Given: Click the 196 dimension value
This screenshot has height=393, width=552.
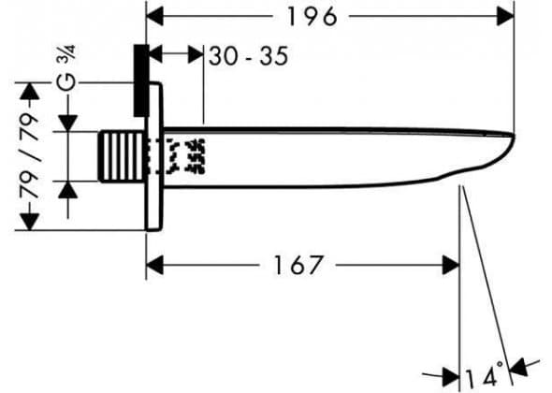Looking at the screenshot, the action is tap(312, 17).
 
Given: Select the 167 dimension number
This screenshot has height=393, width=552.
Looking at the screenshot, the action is tap(298, 265).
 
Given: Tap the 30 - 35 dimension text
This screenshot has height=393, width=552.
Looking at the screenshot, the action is tap(249, 55).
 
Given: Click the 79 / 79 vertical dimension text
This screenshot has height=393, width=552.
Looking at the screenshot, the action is tap(29, 155).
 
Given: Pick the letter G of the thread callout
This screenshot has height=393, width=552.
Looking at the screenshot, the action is tap(65, 81).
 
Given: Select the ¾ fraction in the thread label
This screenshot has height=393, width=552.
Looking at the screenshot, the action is tap(67, 53).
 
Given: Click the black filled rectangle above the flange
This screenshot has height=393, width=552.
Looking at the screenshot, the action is tap(141, 80).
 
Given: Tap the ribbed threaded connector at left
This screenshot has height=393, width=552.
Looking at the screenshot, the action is tap(122, 156).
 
